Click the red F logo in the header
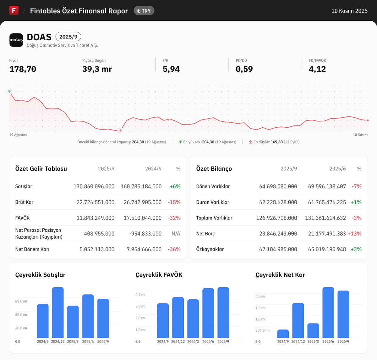(14, 10)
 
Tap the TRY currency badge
(144, 11)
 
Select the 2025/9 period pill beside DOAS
(68, 37)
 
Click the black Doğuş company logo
(16, 40)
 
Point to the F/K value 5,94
(171, 69)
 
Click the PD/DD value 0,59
(244, 69)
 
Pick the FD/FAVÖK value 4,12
(317, 69)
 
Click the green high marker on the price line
(9, 91)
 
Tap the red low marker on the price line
(120, 130)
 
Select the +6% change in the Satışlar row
(175, 186)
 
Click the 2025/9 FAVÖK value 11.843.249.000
(95, 218)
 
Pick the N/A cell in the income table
(176, 234)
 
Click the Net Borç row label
(205, 234)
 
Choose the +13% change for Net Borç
(354, 234)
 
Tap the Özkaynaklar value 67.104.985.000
(278, 249)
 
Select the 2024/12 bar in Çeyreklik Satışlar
(58, 313)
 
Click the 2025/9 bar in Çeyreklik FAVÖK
(223, 313)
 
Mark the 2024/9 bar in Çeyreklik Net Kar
(283, 334)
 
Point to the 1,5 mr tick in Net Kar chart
(260, 308)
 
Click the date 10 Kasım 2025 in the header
(349, 11)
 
